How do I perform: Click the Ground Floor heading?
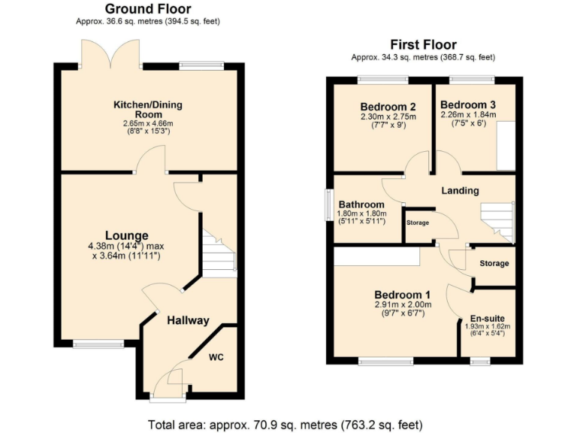tap(148, 9)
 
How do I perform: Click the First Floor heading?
tap(423, 44)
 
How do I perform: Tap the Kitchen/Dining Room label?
tap(148, 109)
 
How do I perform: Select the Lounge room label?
tap(126, 235)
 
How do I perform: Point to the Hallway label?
tap(188, 320)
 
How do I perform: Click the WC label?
tap(217, 356)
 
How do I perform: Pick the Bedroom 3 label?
tap(467, 104)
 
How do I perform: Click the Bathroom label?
tap(361, 204)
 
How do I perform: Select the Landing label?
tap(460, 190)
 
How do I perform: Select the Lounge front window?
tap(98, 345)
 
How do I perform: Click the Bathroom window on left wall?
tap(328, 205)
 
